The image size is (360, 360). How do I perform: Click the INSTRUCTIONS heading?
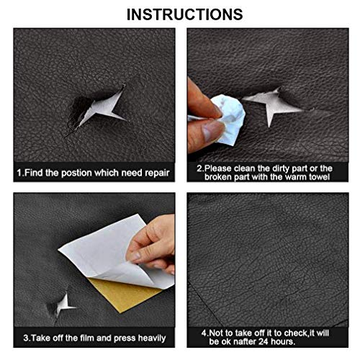(x=179, y=14)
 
